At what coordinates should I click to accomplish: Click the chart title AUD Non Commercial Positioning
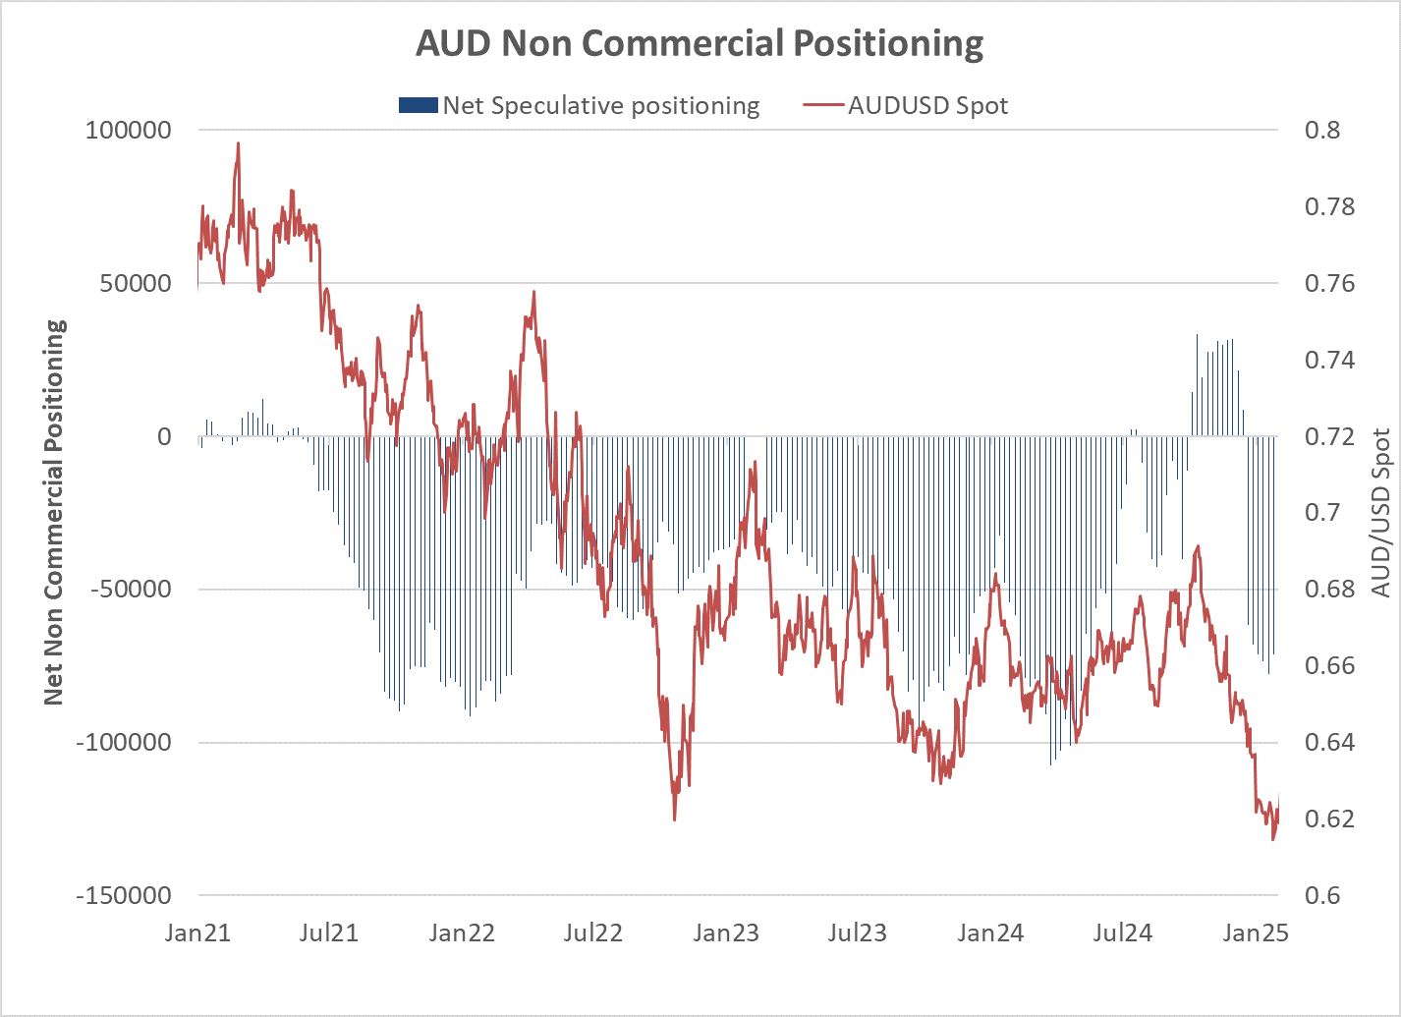tap(700, 44)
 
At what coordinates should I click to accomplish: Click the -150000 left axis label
tap(129, 895)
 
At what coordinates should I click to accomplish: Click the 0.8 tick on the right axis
tap(1321, 130)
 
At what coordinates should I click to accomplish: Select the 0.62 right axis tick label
tap(1328, 819)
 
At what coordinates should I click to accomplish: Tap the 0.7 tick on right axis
tap(1321, 513)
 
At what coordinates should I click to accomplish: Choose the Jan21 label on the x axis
tap(197, 932)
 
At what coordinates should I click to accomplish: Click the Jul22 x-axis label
tap(592, 932)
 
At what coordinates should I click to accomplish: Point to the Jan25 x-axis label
tap(1255, 932)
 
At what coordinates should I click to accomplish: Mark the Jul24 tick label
tap(1122, 932)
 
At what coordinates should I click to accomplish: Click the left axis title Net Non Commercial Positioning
tap(54, 512)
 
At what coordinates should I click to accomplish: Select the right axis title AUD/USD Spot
tap(1381, 512)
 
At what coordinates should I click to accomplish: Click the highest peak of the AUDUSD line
tap(238, 143)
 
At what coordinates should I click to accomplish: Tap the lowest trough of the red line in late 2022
tap(674, 819)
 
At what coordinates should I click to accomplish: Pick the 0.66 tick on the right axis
tap(1328, 666)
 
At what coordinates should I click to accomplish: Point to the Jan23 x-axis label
tap(726, 932)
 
